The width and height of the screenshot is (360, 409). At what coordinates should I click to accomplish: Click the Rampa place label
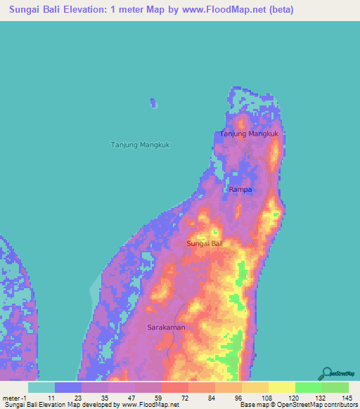240,190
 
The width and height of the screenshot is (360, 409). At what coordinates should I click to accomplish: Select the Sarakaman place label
167,327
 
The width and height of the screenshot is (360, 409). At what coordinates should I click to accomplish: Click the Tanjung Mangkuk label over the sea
141,145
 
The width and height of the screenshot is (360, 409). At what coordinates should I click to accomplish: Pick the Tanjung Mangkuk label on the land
250,134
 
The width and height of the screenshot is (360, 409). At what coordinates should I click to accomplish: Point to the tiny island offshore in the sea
153,103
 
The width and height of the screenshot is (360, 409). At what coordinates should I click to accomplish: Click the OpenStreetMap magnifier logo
326,373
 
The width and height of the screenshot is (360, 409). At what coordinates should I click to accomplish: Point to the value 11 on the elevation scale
51,397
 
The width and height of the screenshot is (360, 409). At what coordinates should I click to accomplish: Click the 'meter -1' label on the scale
14,397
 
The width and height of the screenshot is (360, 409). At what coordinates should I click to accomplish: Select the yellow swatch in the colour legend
281,387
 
